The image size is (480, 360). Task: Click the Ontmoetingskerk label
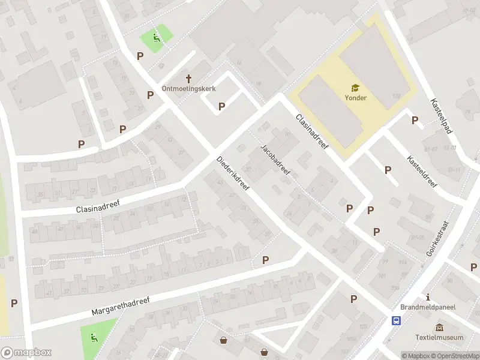189,88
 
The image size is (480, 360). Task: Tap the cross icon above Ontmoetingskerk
189,78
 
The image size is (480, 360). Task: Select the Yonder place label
355,98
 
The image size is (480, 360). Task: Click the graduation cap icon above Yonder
355,88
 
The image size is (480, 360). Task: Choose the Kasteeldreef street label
422,172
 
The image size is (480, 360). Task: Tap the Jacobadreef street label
275,160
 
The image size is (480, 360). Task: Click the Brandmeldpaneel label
428,307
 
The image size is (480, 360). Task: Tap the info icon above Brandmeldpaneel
428,297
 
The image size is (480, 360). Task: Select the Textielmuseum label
440,337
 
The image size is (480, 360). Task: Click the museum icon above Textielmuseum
440,327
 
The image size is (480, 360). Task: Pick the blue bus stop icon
397,320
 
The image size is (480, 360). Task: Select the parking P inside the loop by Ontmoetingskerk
221,107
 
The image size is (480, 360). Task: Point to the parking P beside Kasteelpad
415,121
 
